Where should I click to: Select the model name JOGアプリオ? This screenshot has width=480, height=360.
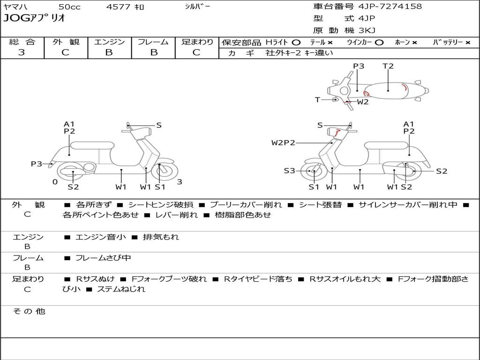[34, 18]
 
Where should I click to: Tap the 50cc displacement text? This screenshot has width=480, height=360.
[69, 7]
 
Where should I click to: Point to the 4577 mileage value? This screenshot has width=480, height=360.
[120, 7]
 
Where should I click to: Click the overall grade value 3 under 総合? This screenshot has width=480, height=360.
[22, 52]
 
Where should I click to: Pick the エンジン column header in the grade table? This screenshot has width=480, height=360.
[109, 42]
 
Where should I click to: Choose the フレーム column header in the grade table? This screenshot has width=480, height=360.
[153, 42]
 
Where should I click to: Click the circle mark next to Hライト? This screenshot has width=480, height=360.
[296, 43]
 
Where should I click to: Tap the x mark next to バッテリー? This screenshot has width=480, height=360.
[467, 43]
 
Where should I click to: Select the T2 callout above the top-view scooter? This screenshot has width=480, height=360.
[388, 66]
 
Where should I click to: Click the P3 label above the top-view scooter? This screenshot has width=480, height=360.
[359, 66]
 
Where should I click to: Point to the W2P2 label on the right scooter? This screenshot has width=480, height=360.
[283, 142]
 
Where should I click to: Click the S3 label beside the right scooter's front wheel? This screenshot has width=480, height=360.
[289, 171]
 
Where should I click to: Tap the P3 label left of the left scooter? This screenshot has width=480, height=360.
[37, 164]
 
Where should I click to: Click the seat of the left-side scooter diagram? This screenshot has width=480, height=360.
[92, 145]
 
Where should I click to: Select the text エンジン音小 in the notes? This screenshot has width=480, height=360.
[101, 237]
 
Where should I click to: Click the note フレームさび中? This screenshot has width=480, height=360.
[103, 258]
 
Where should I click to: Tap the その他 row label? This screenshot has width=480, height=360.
[29, 311]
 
